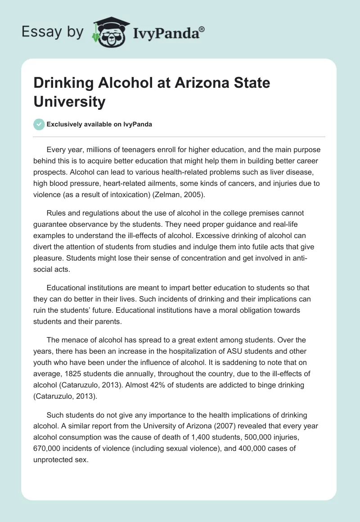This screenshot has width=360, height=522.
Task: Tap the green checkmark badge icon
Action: [x=39, y=124]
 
